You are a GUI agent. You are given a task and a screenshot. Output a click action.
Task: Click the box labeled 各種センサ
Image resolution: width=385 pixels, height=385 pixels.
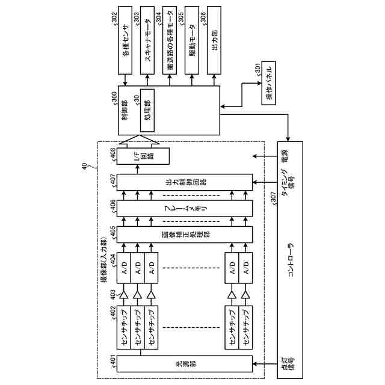pos(126,42)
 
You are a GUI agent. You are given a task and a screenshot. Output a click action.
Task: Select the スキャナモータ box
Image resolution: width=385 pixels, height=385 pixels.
pos(147,42)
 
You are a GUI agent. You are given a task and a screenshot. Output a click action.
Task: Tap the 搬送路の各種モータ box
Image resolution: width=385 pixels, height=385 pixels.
pos(171,42)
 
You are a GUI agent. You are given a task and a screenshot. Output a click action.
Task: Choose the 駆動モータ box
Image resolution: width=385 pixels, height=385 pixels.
pos(192,42)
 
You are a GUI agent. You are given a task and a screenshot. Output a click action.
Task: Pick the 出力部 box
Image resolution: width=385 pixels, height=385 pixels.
pos(214,42)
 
